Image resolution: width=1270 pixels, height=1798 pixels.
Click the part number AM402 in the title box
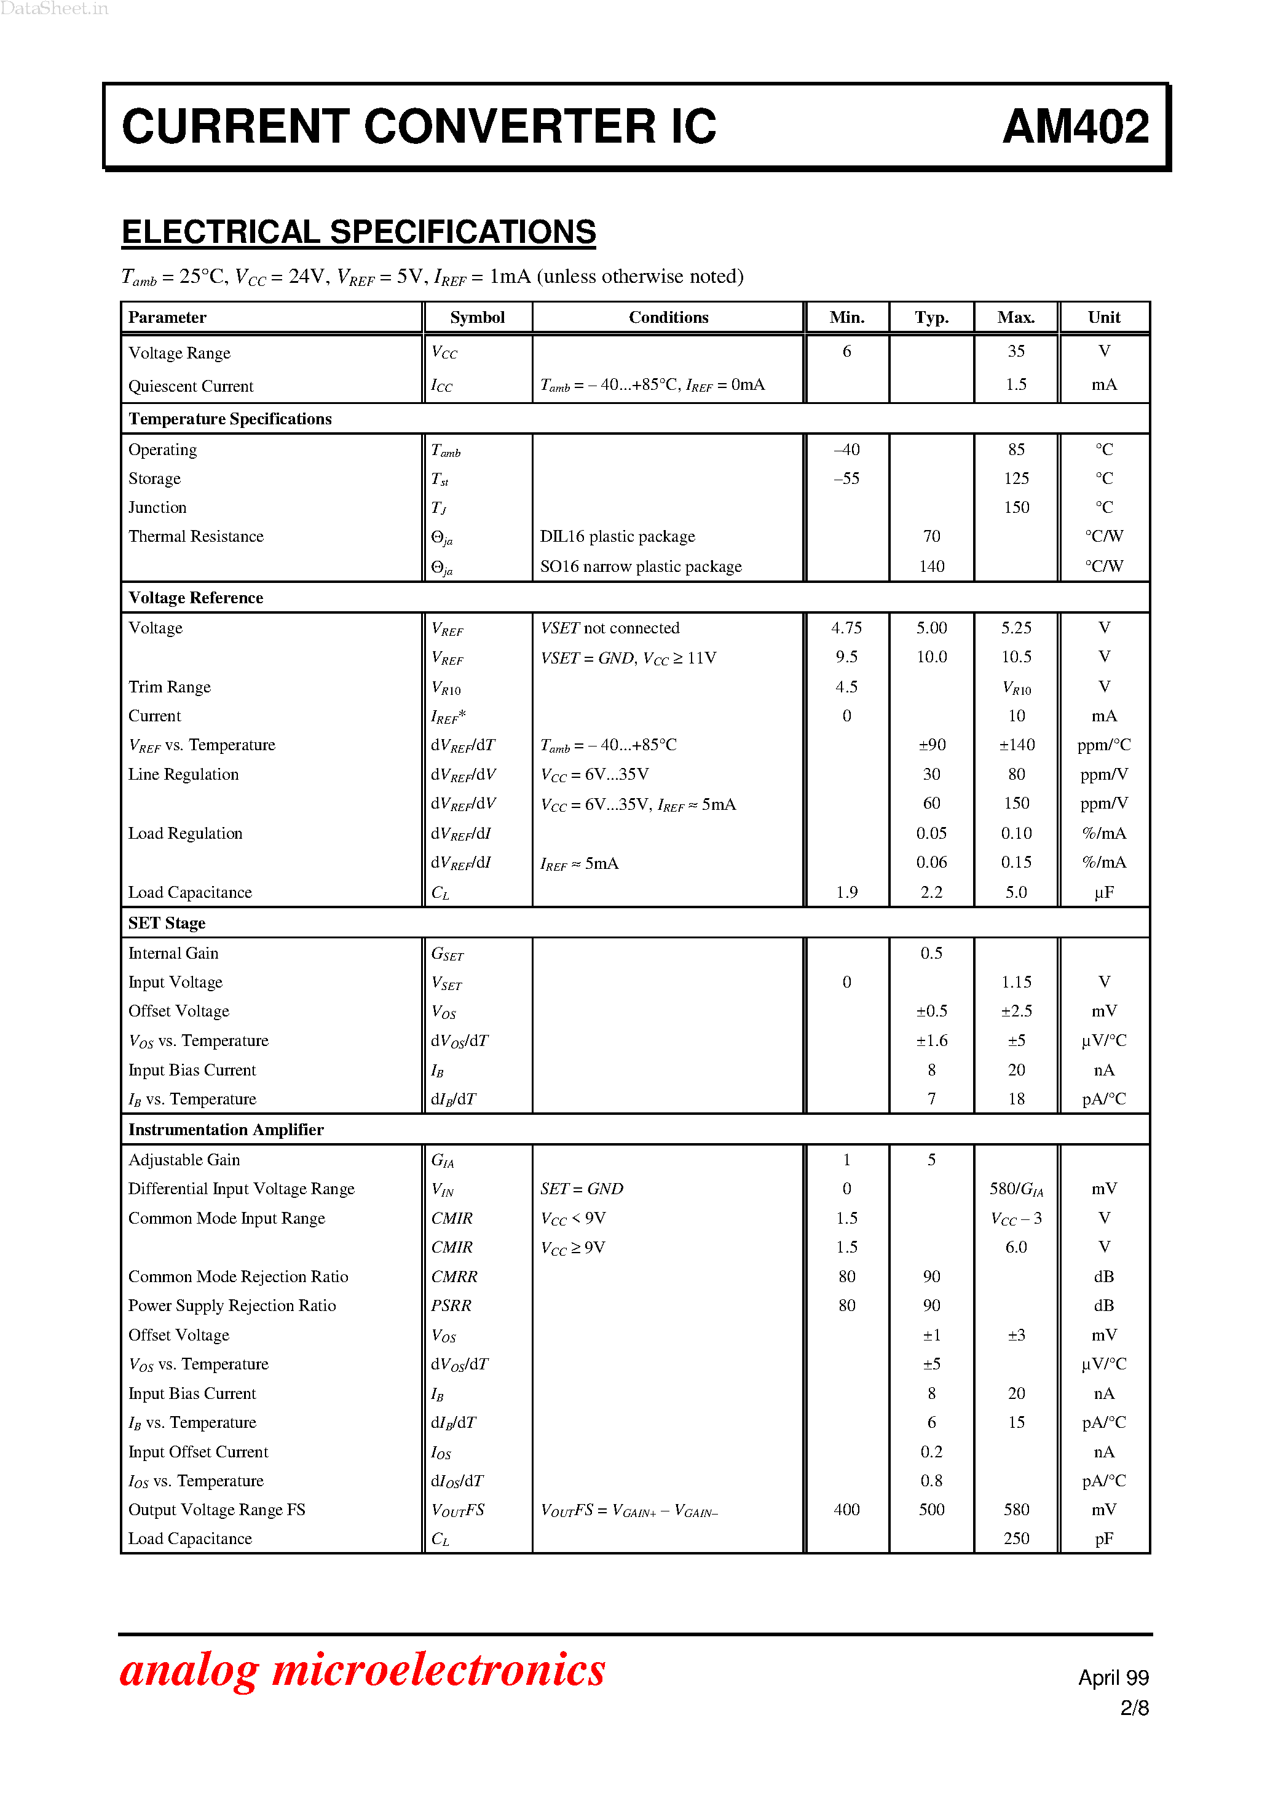[x=1075, y=127]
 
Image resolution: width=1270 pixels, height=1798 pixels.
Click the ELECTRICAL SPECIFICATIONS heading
[x=358, y=232]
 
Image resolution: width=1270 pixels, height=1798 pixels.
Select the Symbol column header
[x=477, y=317]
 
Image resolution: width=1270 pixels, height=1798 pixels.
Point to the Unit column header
[x=1103, y=317]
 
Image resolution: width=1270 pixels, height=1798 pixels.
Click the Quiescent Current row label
[x=191, y=386]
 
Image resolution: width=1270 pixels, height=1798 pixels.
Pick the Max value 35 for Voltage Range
[x=1016, y=352]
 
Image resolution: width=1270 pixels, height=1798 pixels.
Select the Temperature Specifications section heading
[x=229, y=419]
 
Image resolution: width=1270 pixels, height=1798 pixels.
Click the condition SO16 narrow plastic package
[x=641, y=566]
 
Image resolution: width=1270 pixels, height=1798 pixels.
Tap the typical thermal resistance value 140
[x=931, y=566]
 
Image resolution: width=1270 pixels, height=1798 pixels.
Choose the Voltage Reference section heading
[x=195, y=598]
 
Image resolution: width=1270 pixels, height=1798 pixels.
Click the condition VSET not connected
[x=609, y=628]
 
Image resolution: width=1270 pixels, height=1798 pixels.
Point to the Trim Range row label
[x=169, y=687]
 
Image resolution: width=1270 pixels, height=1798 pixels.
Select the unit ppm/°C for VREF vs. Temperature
[x=1103, y=745]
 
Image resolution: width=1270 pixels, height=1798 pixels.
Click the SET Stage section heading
[x=167, y=923]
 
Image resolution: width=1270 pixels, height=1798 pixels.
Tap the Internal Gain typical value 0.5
[x=931, y=953]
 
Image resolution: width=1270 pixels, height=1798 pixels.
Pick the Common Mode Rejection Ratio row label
[x=238, y=1277]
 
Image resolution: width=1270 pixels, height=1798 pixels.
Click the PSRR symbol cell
[x=451, y=1305]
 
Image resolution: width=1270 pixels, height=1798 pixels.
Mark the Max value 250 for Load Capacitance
[x=1016, y=1538]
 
